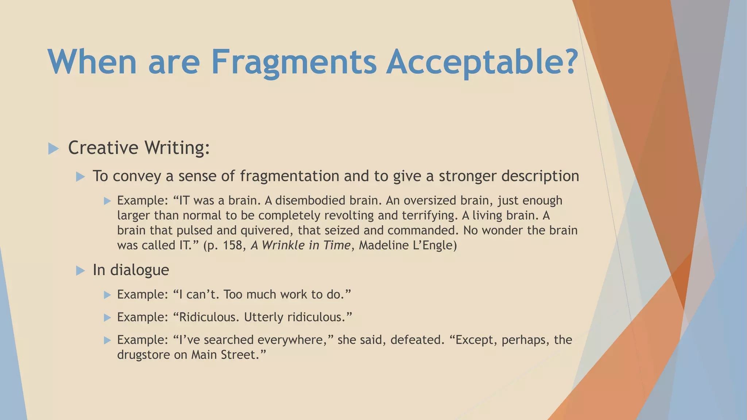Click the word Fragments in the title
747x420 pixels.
(294, 62)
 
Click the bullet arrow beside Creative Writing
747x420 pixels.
(53, 148)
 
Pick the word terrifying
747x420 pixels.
(429, 216)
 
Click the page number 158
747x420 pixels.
(233, 245)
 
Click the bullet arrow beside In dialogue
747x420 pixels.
(80, 271)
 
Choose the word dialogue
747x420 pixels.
(140, 270)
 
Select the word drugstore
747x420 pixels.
(144, 355)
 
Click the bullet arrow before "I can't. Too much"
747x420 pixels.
(107, 295)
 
